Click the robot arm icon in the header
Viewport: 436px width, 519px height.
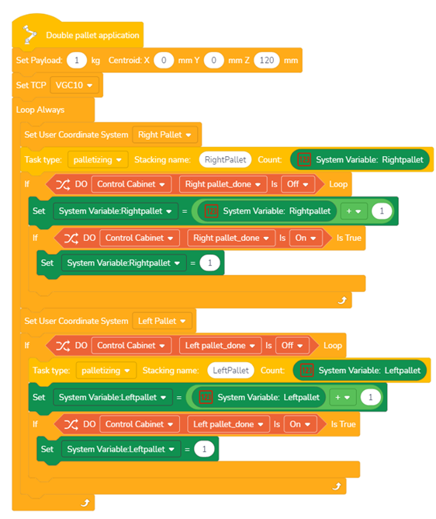[x=29, y=34]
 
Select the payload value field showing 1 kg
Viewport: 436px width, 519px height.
[x=77, y=61]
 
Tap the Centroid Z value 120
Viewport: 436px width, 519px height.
[x=267, y=61]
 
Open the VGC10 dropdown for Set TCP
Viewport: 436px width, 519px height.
[x=74, y=85]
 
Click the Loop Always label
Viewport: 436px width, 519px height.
[x=40, y=110]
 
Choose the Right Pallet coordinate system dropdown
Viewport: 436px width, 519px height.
[x=164, y=134]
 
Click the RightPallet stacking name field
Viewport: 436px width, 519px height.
[x=225, y=159]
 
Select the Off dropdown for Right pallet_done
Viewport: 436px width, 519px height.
[x=297, y=184]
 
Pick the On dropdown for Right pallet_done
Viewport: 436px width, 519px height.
[x=306, y=238]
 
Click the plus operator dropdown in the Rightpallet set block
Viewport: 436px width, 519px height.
[x=353, y=211]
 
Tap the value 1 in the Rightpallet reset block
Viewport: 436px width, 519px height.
[x=210, y=263]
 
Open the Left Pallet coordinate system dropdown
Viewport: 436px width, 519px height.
[x=162, y=321]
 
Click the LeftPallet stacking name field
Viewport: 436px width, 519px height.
[x=230, y=371]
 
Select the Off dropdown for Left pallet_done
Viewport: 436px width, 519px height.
[x=292, y=346]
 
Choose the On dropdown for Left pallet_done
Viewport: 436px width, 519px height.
[x=300, y=424]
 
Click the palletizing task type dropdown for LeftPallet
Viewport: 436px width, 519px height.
[x=106, y=371]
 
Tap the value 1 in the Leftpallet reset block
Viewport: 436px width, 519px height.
[x=204, y=449]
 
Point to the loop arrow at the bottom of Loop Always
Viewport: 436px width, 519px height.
[x=85, y=503]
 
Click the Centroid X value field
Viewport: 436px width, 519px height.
[x=164, y=61]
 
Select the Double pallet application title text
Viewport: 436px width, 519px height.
[x=92, y=35]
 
